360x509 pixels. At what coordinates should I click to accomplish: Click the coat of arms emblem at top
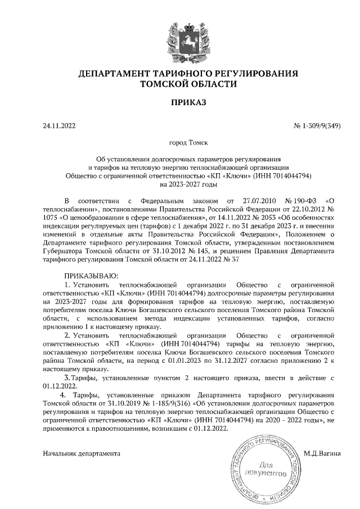[180, 38]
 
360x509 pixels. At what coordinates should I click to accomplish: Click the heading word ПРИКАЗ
[180, 102]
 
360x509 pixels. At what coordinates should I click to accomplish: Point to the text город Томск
[180, 143]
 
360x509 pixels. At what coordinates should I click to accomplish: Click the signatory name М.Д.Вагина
[322, 452]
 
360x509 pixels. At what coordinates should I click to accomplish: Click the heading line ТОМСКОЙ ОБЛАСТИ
[180, 84]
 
